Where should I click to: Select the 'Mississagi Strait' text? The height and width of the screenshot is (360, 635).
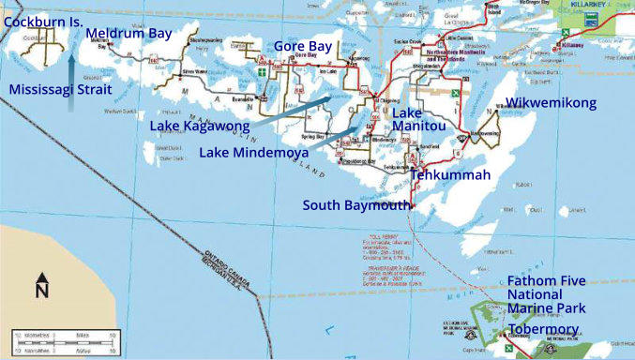pos(59,89)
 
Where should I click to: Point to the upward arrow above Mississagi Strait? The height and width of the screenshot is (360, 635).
pos(72,68)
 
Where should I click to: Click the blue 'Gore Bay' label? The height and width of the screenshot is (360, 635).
pos(302,46)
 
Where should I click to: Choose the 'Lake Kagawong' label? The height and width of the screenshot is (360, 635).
pos(199,126)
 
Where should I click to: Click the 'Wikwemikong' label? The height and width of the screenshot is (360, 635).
pos(551,103)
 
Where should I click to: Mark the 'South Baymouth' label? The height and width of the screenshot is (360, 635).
pos(355,205)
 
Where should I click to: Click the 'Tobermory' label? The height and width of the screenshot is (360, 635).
pos(543,330)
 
